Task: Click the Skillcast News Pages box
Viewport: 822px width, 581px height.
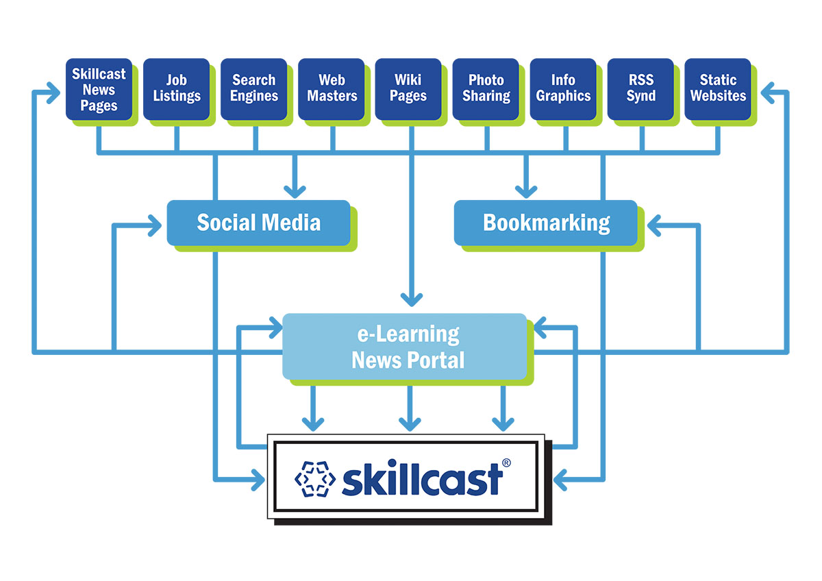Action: (x=99, y=90)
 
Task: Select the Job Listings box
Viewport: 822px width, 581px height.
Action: (x=176, y=90)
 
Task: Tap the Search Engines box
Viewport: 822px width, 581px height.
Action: (x=253, y=90)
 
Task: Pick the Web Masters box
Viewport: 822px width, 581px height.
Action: (x=332, y=90)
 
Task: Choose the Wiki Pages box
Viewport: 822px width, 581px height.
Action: (x=408, y=90)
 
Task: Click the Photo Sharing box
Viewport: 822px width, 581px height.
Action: (x=486, y=90)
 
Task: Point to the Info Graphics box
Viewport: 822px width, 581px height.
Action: (x=563, y=90)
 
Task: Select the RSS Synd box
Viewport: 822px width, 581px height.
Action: (x=640, y=90)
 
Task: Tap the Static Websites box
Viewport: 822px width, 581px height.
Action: (x=718, y=90)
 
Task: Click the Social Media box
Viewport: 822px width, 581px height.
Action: (x=258, y=223)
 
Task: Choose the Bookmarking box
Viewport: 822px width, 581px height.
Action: (x=546, y=223)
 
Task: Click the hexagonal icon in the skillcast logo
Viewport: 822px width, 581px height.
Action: (x=314, y=478)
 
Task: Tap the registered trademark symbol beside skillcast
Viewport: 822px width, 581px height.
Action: (x=506, y=462)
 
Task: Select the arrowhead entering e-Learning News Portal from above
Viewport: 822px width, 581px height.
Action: (x=410, y=298)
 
